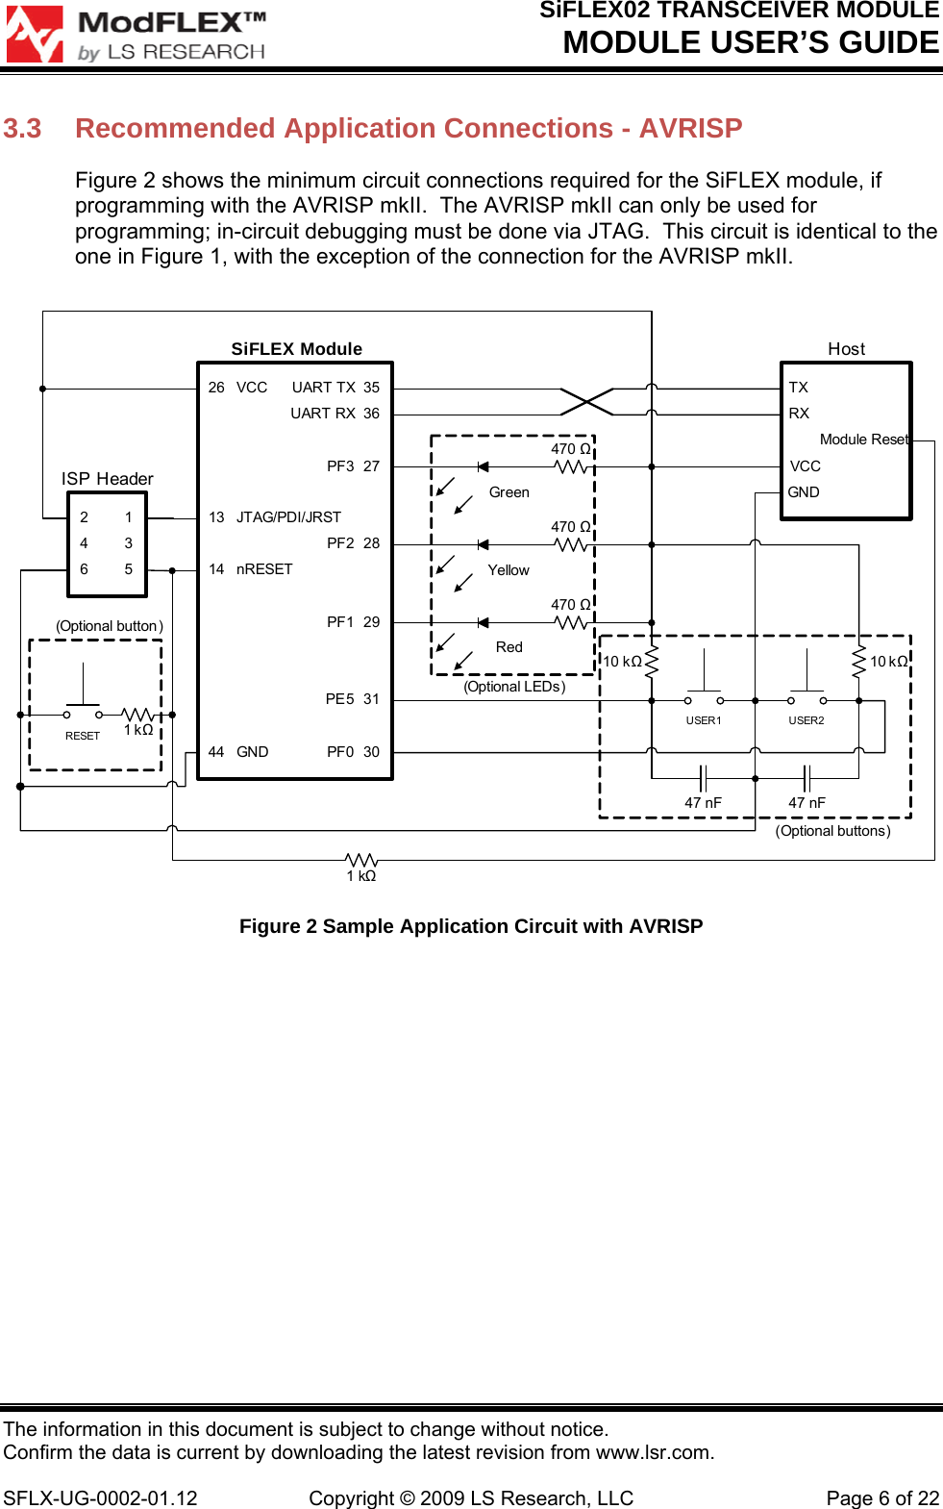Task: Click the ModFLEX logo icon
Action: click(35, 35)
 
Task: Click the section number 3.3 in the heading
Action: click(22, 129)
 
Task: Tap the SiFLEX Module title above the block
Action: click(296, 349)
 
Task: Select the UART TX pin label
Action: click(323, 388)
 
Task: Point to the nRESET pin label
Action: click(264, 569)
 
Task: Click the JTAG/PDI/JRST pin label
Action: click(288, 517)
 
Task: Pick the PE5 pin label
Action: click(339, 699)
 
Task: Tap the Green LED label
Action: click(509, 492)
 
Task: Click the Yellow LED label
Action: click(508, 570)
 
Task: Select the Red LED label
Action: click(509, 647)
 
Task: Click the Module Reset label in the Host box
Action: click(863, 440)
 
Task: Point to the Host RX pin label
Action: click(799, 414)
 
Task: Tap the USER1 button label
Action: click(704, 720)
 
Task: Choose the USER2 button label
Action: click(807, 720)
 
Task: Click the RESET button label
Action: click(83, 736)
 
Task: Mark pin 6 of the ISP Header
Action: click(84, 569)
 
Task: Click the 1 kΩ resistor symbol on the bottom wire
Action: click(361, 859)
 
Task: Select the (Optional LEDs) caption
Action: click(514, 687)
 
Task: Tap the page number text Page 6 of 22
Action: click(882, 1498)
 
